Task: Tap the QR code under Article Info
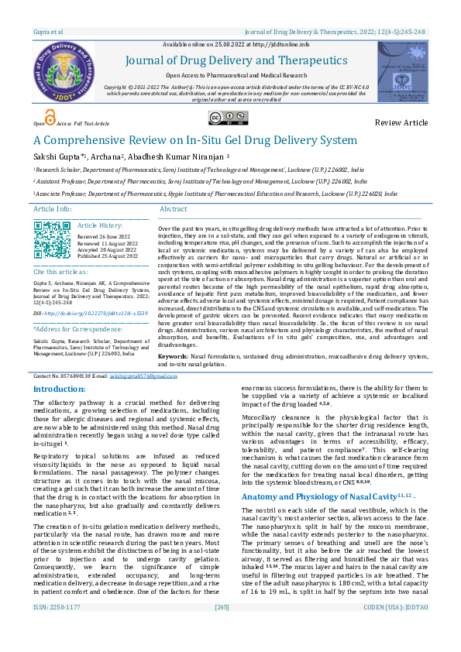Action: [x=53, y=239]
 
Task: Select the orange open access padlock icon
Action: [x=50, y=118]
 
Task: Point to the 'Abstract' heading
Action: [x=173, y=210]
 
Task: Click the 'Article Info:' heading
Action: [x=53, y=210]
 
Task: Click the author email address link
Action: [x=132, y=375]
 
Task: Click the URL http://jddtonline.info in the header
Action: [x=263, y=44]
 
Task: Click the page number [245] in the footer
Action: [x=222, y=628]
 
